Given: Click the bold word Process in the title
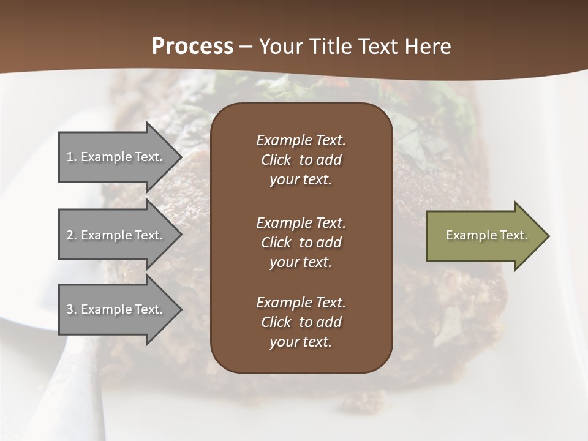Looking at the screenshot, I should pyautogui.click(x=192, y=47).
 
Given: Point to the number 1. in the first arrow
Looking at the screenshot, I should pyautogui.click(x=72, y=157).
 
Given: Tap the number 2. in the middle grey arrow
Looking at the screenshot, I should pyautogui.click(x=72, y=235).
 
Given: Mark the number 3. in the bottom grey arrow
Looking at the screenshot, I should pyautogui.click(x=72, y=309).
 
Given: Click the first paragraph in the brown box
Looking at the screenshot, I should pyautogui.click(x=301, y=160).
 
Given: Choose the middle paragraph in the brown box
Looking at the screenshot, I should pyautogui.click(x=301, y=242).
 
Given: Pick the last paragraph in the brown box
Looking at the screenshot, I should pyautogui.click(x=301, y=322).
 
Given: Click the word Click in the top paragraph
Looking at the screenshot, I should pyautogui.click(x=276, y=160).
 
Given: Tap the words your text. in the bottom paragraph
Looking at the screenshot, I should pyautogui.click(x=301, y=342).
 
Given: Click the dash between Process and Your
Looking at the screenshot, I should pyautogui.click(x=246, y=47).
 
